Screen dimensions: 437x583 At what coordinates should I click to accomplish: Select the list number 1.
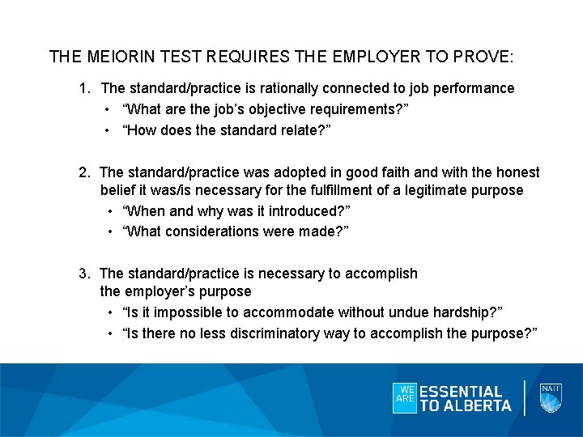point(83,87)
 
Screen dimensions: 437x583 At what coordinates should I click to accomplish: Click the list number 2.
point(83,172)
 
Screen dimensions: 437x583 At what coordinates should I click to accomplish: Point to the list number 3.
point(83,274)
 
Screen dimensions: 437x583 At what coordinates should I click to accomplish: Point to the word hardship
point(465,312)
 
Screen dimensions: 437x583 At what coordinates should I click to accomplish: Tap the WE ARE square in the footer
point(404,397)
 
